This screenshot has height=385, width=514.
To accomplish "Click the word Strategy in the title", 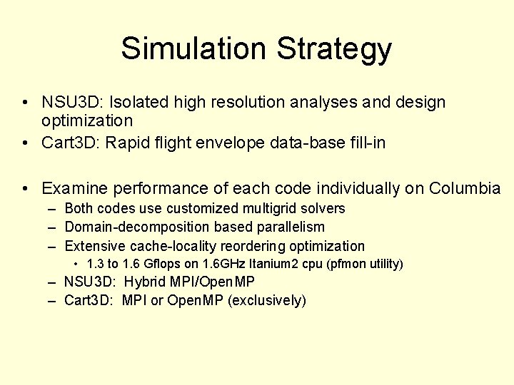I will click(x=334, y=48).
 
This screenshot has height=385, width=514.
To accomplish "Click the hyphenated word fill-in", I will click(x=366, y=143).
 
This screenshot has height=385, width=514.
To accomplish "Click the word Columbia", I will click(x=465, y=188).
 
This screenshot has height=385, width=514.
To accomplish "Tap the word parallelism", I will click(x=287, y=227).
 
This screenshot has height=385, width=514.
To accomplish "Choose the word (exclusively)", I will click(x=267, y=301).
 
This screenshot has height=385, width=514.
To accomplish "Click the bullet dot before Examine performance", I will click(x=25, y=188).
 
